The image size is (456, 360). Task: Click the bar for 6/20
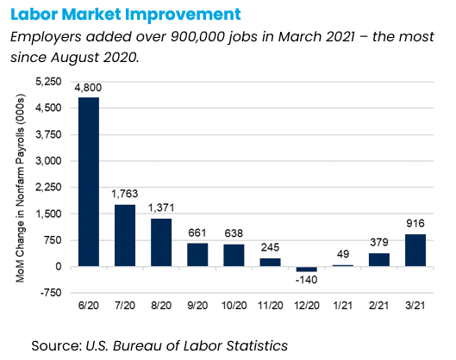tap(89, 182)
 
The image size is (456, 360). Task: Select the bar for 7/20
tap(125, 236)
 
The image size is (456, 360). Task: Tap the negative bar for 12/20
tap(307, 269)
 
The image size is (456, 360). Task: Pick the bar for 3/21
tap(415, 250)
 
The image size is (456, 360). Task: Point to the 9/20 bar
tap(197, 255)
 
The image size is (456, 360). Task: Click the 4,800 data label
tap(88, 88)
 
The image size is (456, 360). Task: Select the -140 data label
tap(306, 280)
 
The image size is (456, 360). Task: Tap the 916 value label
tap(415, 223)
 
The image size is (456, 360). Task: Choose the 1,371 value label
tap(161, 208)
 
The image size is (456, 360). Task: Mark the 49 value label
tap(343, 254)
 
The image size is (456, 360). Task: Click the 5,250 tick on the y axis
tap(48, 82)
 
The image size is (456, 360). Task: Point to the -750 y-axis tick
tap(51, 293)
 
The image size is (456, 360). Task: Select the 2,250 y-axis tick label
tap(48, 187)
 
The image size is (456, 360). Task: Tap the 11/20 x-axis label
tap(270, 306)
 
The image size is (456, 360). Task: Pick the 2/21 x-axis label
tap(378, 306)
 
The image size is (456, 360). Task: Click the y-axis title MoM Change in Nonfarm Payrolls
tap(21, 189)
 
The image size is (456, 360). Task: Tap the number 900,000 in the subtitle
tap(197, 37)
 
